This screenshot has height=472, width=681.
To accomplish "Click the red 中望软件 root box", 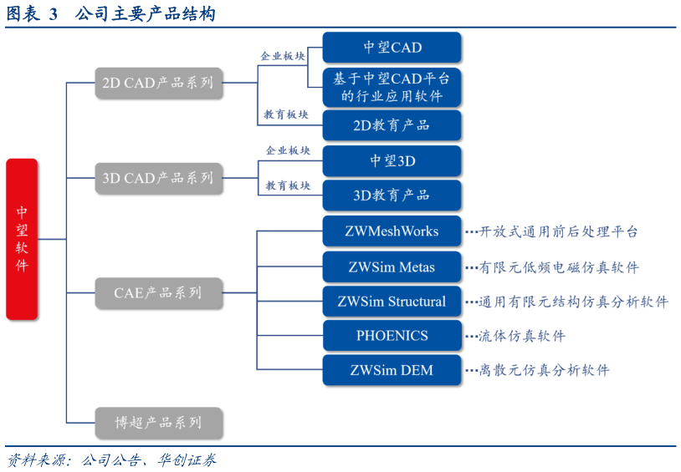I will [22, 239].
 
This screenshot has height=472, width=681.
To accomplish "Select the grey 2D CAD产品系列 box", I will [158, 84].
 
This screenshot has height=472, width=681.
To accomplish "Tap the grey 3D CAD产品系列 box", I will [158, 178].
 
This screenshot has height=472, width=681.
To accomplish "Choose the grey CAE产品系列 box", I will [158, 293].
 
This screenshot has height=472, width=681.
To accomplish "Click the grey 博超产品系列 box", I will [158, 423].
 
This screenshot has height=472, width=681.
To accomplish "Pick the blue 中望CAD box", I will [392, 48].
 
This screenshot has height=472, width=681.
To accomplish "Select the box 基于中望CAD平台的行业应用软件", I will [392, 88].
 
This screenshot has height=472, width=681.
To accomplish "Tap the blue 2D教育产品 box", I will [392, 125].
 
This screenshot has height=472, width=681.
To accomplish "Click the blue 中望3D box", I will [392, 161].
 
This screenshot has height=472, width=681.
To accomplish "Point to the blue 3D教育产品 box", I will [392, 195].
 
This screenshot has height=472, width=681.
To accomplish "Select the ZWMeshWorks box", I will [392, 231].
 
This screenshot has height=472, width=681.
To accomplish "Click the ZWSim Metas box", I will [392, 267].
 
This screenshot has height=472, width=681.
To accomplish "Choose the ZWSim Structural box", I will [392, 302].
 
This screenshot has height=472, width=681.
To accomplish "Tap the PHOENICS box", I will [392, 336].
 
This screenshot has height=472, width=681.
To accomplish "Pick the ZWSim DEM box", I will [392, 370].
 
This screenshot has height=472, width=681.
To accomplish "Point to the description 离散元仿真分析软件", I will [544, 370].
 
